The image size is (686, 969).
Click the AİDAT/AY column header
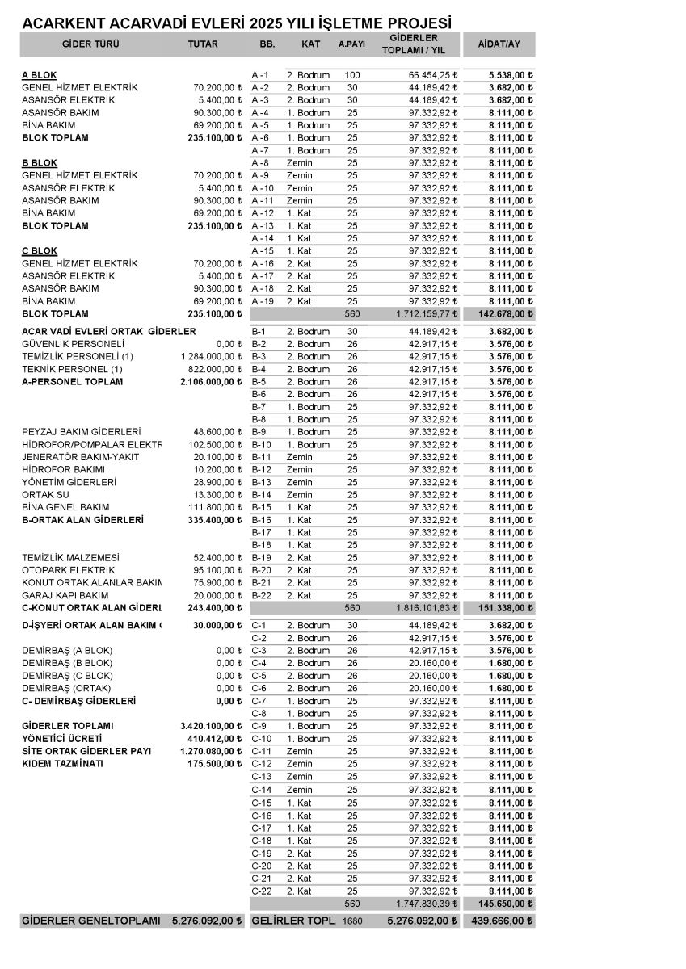click(499, 44)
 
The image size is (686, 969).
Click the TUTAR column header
click(203, 44)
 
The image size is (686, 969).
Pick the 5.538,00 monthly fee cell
click(511, 75)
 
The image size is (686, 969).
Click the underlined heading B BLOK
click(40, 163)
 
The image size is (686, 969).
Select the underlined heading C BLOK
click(40, 251)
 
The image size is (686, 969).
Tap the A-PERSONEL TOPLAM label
click(73, 382)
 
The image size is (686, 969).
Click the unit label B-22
click(262, 595)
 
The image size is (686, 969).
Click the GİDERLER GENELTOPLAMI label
click(90, 921)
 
